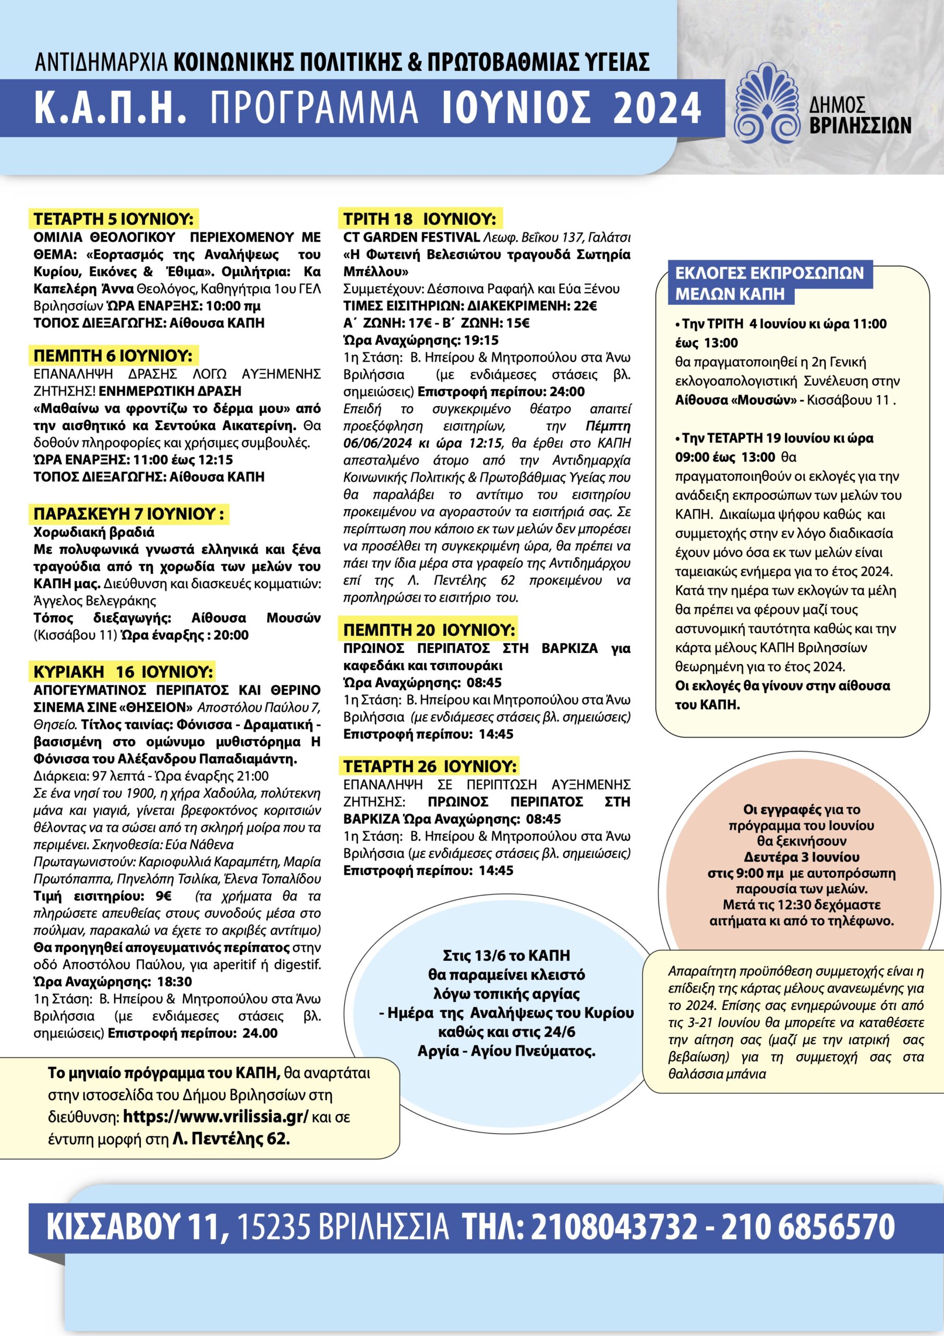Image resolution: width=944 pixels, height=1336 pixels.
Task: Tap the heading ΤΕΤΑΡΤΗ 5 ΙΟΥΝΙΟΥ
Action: (x=113, y=219)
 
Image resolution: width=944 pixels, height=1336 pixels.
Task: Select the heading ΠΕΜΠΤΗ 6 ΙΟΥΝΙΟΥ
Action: (x=112, y=355)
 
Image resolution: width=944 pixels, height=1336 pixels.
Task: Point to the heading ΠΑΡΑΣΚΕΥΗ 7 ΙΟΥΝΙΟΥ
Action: (x=128, y=515)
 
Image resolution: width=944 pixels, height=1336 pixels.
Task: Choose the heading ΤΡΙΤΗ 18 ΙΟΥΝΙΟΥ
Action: (x=419, y=219)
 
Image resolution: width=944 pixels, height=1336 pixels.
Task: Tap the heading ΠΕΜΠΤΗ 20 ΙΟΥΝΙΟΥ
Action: (x=429, y=630)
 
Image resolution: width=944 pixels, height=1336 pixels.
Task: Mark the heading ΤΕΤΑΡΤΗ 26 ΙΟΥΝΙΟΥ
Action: (x=429, y=766)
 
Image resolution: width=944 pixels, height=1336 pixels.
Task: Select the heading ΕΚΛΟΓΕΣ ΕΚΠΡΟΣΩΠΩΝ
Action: (x=769, y=273)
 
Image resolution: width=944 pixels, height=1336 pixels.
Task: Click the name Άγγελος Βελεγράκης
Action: (x=95, y=601)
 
